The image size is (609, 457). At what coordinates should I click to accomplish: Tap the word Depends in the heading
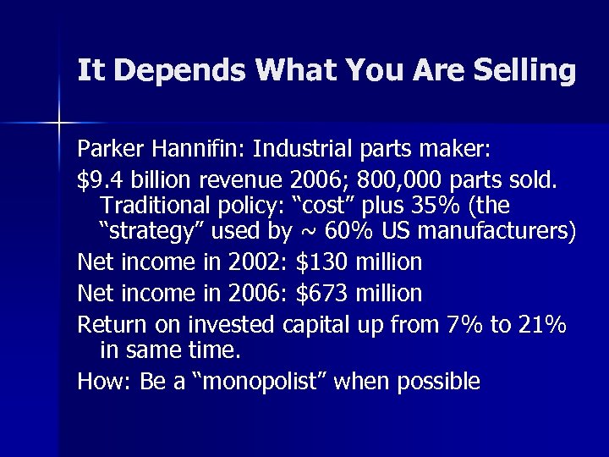(x=161, y=70)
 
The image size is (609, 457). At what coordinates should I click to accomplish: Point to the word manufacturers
(x=497, y=231)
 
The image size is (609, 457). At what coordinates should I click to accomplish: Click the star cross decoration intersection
(x=59, y=124)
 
